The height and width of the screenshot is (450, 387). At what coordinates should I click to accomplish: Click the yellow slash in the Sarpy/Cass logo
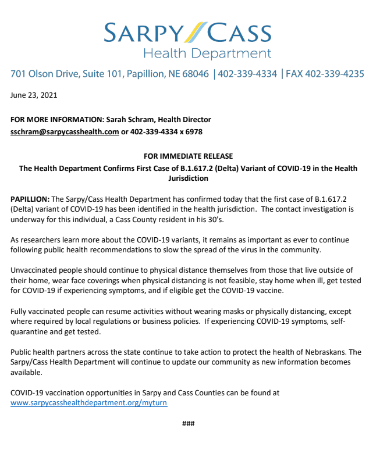pos(194,31)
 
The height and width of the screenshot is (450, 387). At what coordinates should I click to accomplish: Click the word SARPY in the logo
pos(144,32)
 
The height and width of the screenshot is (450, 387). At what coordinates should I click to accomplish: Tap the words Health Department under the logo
pos(207,54)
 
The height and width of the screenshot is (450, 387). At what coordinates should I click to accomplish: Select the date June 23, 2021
pos(34,95)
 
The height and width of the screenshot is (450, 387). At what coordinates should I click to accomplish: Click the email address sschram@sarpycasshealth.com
pos(65,131)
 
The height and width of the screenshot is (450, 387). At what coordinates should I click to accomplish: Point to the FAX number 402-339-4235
pos(337,74)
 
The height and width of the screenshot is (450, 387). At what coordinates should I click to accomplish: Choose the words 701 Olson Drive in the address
pos(42,74)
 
